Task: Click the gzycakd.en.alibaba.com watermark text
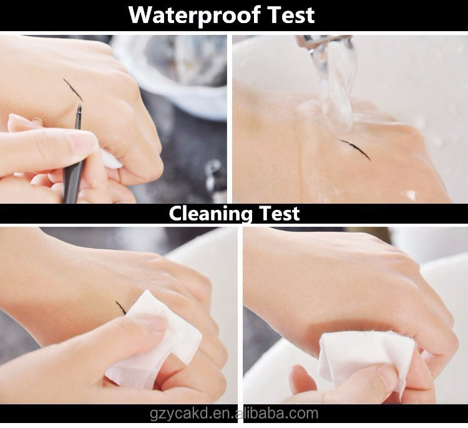pyautogui.click(x=234, y=414)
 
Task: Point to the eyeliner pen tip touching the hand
pyautogui.click(x=80, y=104)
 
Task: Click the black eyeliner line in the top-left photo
pyautogui.click(x=73, y=90)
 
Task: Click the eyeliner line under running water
pyautogui.click(x=354, y=149)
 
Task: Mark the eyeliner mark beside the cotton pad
pyautogui.click(x=121, y=307)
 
